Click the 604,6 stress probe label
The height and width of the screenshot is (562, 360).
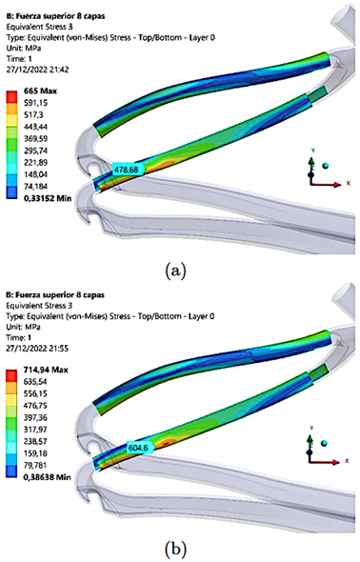[140, 448]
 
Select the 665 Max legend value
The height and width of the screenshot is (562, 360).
[40, 91]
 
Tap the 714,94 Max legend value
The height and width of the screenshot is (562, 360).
[46, 370]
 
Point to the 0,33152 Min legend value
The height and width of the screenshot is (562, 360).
[48, 198]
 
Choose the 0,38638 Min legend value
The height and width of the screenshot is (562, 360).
[47, 477]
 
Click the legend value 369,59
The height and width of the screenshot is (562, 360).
[36, 139]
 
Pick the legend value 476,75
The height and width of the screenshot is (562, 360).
[35, 406]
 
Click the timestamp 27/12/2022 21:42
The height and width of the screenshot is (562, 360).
[37, 70]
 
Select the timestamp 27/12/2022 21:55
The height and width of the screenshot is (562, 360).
[37, 348]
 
